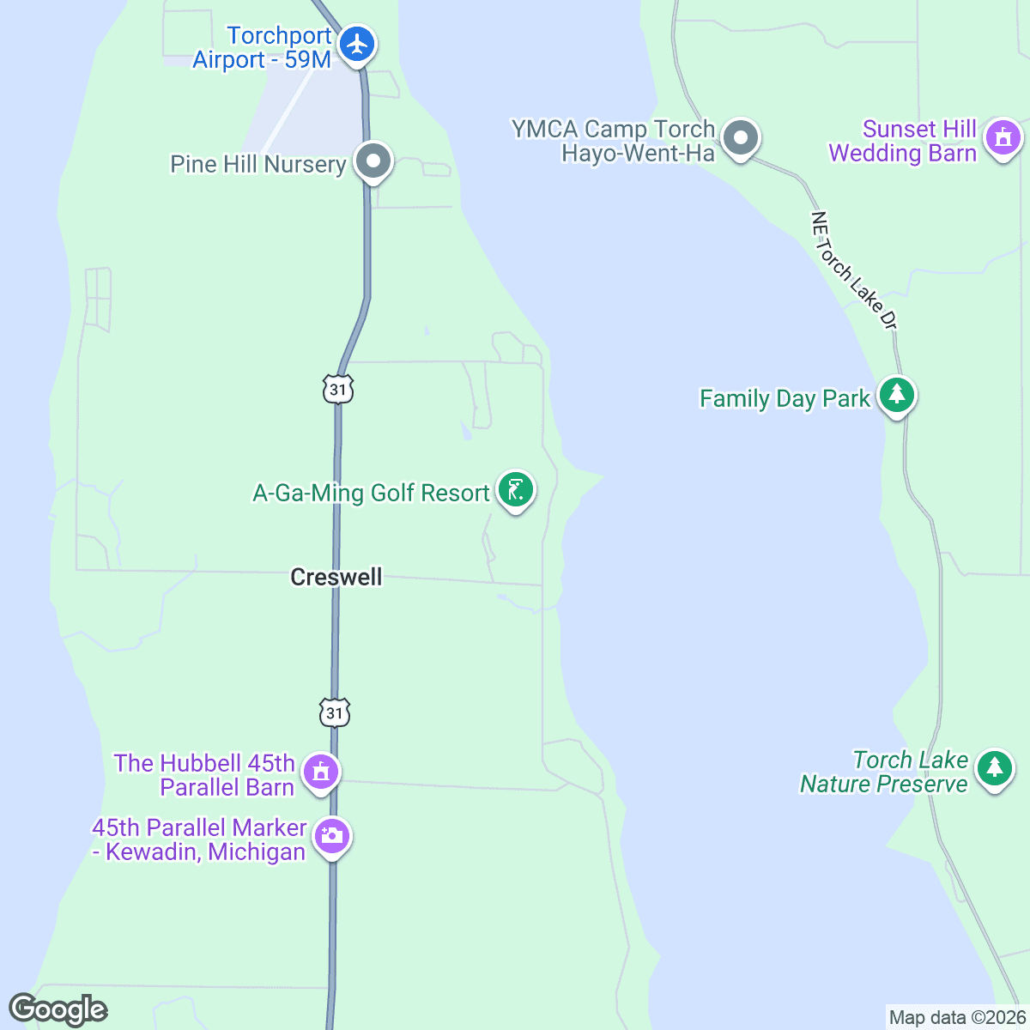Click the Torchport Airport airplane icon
click(x=356, y=44)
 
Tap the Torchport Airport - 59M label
click(x=262, y=48)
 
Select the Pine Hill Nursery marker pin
click(x=373, y=161)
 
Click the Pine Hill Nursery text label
click(x=257, y=164)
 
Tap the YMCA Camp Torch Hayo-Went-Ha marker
click(x=739, y=137)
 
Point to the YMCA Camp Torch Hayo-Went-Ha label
click(x=614, y=141)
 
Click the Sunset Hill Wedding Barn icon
click(x=1003, y=137)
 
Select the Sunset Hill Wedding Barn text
click(x=902, y=142)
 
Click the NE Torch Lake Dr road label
click(x=854, y=270)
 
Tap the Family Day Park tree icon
click(x=897, y=395)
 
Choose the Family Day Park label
click(x=785, y=399)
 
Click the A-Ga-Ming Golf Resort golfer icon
click(x=515, y=490)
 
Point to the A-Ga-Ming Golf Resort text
click(x=371, y=494)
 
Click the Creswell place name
click(x=336, y=577)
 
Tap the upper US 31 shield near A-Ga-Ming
click(x=338, y=389)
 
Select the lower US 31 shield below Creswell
click(x=335, y=712)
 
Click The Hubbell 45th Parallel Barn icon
click(x=321, y=771)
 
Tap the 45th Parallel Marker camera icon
click(x=331, y=835)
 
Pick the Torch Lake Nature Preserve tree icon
click(x=994, y=766)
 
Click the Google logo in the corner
click(x=58, y=1010)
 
